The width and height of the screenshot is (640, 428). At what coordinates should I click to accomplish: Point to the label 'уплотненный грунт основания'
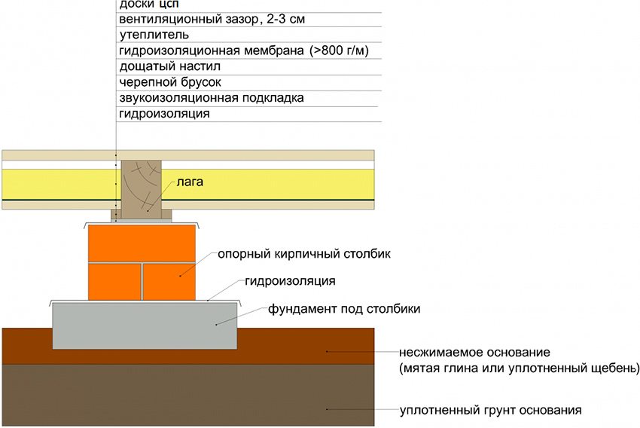[491, 411]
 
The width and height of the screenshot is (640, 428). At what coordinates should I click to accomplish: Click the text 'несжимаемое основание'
[476, 353]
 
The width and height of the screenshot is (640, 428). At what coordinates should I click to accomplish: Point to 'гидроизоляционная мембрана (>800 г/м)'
[248, 50]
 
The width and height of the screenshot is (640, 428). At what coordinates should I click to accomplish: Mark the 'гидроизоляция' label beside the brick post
[289, 281]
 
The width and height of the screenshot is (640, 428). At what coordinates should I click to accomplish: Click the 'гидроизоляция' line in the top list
[163, 114]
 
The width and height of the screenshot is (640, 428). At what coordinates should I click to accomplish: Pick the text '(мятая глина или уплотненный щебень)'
[520, 368]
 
